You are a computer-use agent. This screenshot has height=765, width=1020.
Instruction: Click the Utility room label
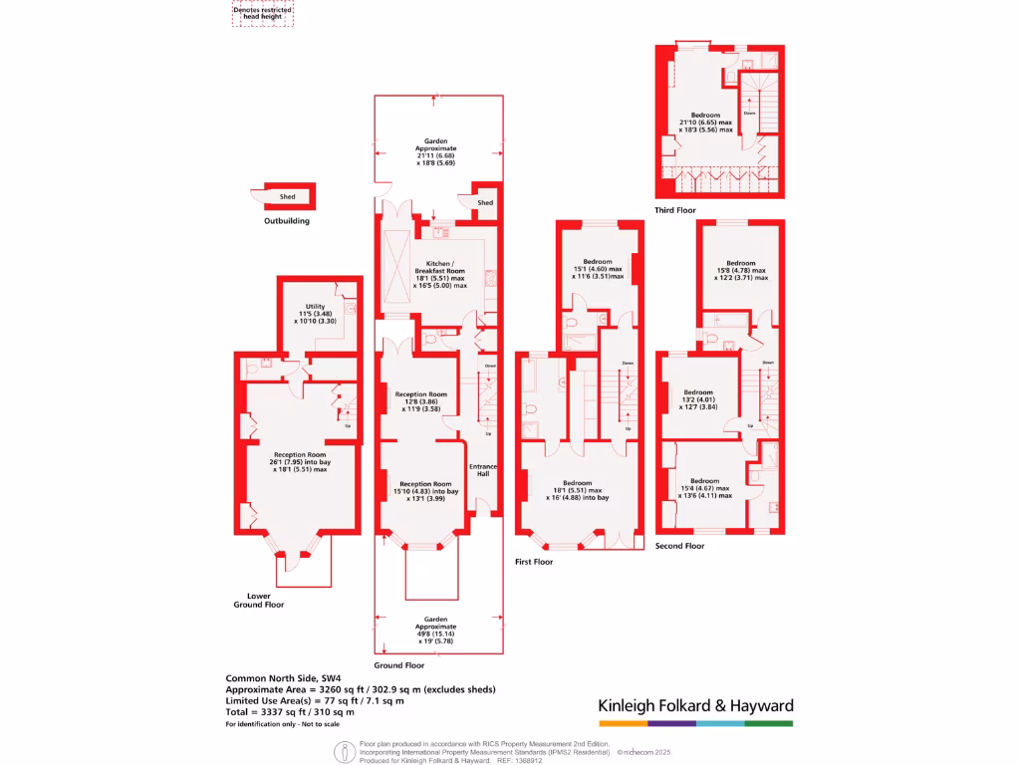(316, 314)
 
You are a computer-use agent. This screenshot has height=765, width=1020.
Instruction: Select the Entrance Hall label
(483, 470)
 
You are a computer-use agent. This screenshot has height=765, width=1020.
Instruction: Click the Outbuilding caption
(286, 221)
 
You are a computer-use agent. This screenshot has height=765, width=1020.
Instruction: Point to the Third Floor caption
(675, 210)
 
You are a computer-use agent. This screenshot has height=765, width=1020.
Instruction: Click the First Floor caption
(534, 562)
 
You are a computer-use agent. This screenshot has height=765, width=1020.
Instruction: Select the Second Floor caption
(679, 546)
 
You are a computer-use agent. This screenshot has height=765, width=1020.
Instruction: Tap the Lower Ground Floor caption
(259, 600)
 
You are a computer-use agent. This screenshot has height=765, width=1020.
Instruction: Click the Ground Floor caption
(399, 665)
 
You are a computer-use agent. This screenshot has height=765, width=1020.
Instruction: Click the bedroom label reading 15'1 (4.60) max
(598, 269)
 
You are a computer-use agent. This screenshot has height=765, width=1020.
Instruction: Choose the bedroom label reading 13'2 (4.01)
(698, 399)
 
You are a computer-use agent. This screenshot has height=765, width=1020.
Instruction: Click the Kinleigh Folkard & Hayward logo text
(695, 705)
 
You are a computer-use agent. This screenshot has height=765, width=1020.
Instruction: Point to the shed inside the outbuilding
(287, 197)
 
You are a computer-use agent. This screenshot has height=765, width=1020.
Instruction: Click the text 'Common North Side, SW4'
(280, 677)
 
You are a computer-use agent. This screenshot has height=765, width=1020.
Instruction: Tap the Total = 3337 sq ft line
(290, 712)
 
